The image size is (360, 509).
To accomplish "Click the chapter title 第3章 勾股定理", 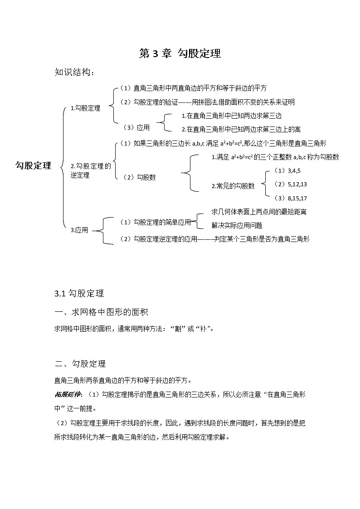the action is coord(180,53).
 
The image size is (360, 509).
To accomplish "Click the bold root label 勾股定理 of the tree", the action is coord(33,165).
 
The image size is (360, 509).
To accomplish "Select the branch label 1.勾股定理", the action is coord(85,108).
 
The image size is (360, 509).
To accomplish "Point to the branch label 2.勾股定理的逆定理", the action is coord(91,170).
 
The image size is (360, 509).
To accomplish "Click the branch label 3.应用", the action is coord(79,230).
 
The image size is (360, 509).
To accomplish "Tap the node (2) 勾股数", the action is coord(139,177).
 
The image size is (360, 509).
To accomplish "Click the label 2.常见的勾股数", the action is coord(233,186).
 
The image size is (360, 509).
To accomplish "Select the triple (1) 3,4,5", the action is coord(287,170).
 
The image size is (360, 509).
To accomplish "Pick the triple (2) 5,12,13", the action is coord(291,184).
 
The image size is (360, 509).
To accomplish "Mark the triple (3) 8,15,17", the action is coord(291,198).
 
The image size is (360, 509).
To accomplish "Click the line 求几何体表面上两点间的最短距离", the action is coord(259,212).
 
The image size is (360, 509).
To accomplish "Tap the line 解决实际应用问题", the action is coord(237,225).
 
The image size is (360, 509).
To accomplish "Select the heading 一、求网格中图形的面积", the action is coord(101,312).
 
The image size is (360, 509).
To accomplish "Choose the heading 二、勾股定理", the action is coord(80,364).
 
